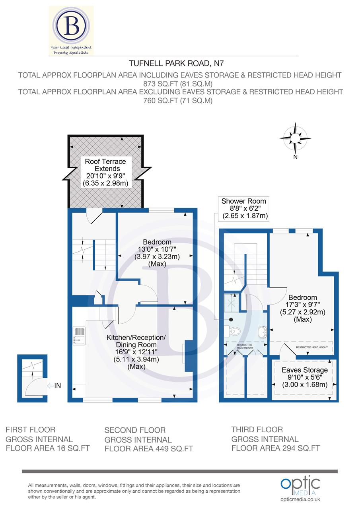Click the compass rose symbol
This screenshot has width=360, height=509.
coord(295,138)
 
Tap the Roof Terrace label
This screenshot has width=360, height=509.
coord(105,172)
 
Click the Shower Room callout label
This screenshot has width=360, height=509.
coord(244,208)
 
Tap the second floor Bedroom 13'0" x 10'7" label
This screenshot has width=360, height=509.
coord(157,253)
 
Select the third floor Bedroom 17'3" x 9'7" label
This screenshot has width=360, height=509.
coord(303,308)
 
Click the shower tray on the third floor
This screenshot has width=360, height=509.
coord(231,303)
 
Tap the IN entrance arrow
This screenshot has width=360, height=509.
coord(54,385)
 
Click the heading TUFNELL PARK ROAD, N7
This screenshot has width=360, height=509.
coord(179,63)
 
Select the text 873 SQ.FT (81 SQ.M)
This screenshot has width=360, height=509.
coord(179,84)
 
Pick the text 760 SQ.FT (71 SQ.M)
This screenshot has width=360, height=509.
coord(179,101)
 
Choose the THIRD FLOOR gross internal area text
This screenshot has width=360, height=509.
coord(276,439)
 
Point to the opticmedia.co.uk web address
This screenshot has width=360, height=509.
coord(300,499)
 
